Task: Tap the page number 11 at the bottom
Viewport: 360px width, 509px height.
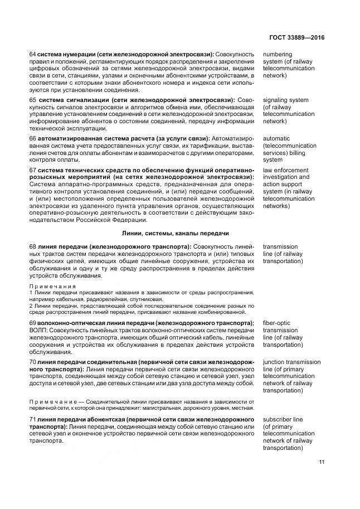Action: click(321, 462)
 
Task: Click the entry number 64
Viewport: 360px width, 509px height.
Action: click(32, 54)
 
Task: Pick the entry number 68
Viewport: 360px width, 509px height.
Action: click(32, 246)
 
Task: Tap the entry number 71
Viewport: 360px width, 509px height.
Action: click(32, 419)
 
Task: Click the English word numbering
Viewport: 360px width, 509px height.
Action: click(278, 54)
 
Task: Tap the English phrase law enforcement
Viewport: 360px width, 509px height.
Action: click(285, 169)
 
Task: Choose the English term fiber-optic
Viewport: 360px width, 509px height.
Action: click(278, 323)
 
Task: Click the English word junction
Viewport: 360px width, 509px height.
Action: click(275, 362)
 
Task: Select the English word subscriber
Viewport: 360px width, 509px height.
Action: click(279, 419)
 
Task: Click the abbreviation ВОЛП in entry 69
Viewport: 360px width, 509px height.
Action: click(38, 331)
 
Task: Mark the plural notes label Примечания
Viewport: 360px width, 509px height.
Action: click(48, 285)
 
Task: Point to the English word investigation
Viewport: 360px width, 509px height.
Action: click(281, 177)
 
